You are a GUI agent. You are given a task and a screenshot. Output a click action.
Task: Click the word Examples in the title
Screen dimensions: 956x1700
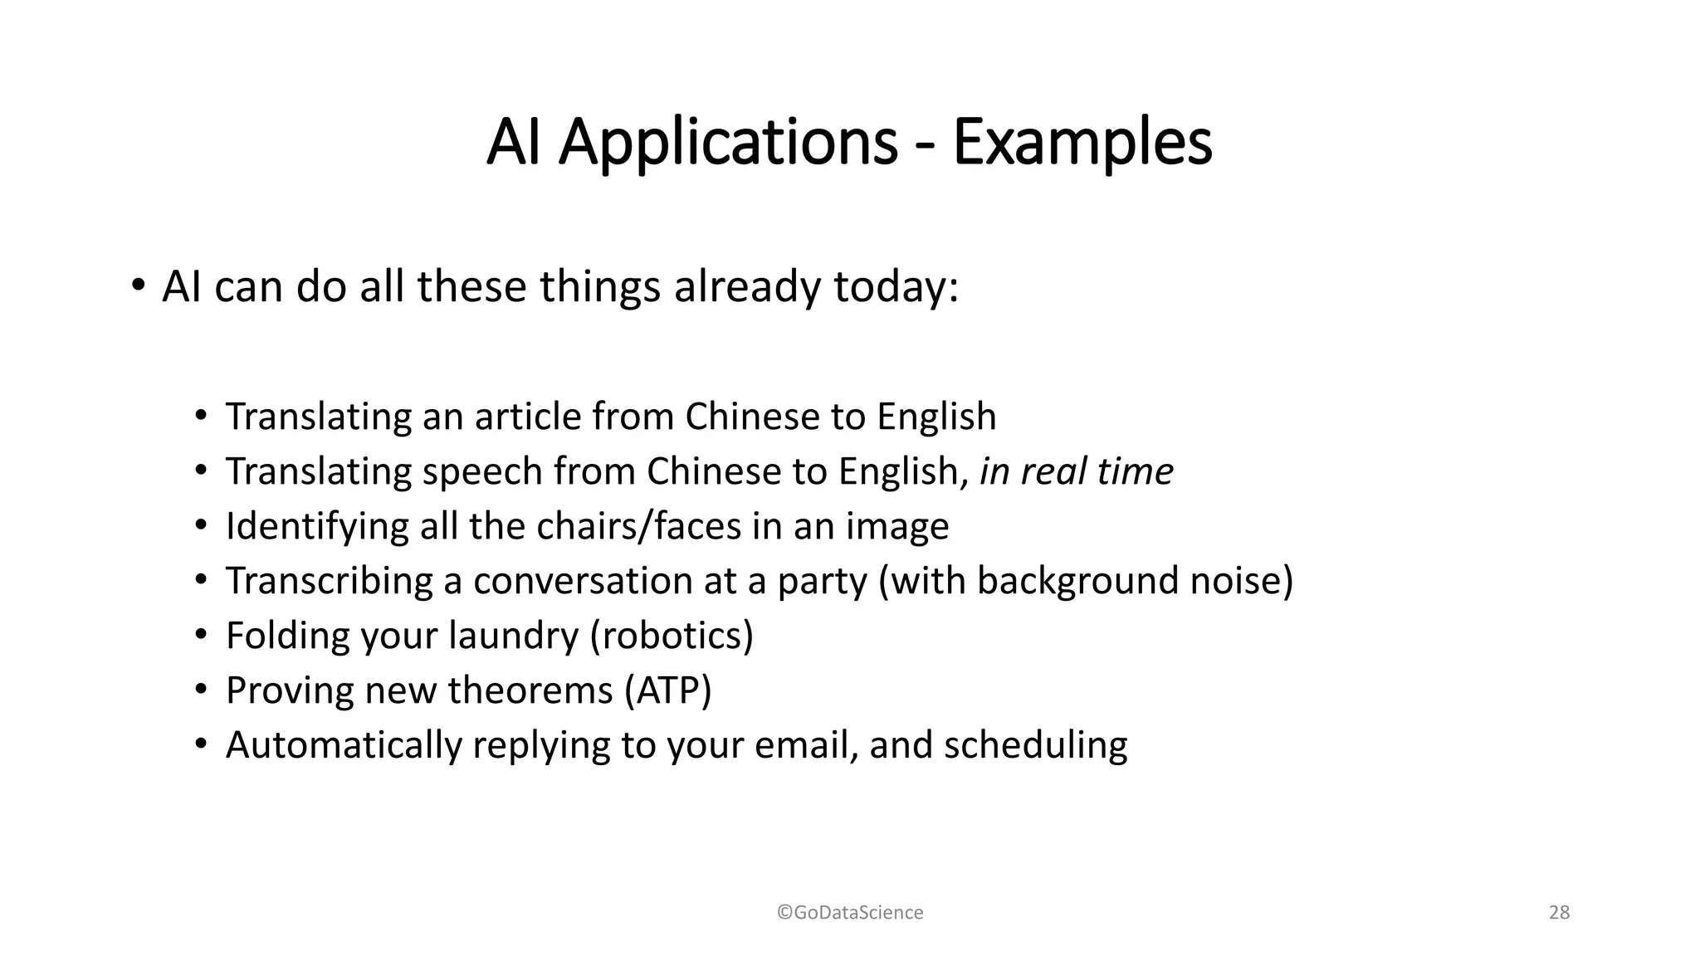(1082, 143)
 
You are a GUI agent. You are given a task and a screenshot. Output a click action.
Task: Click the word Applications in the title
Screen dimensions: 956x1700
(728, 143)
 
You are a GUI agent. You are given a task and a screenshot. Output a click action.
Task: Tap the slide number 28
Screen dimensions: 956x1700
(1559, 913)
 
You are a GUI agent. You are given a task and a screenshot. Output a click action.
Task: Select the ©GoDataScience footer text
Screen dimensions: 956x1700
(850, 913)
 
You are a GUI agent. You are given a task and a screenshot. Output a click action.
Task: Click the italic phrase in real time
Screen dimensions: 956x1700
(1076, 471)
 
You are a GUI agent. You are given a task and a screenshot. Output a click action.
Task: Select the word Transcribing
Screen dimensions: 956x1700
(329, 581)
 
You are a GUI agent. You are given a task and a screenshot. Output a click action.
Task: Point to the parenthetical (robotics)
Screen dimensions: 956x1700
(672, 636)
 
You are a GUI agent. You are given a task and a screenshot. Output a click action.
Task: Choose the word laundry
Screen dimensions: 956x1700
(513, 636)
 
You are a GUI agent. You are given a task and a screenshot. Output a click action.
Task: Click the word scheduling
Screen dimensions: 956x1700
(1035, 745)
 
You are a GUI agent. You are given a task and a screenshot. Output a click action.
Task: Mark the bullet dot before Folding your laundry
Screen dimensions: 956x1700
(200, 635)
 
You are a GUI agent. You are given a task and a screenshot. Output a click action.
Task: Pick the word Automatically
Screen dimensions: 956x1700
(343, 745)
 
